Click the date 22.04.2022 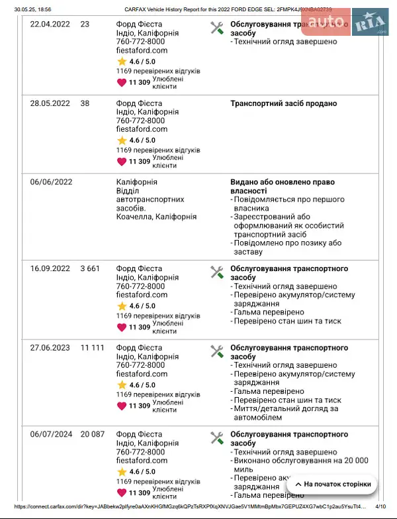coord(50,24)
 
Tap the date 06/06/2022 coord(51,182)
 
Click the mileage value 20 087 coord(93,434)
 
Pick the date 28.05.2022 coord(50,103)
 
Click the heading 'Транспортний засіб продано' coord(283,103)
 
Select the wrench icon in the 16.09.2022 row coord(216,272)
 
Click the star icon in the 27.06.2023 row coord(122,385)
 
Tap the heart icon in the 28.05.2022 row coord(122,161)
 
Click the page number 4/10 coord(380,506)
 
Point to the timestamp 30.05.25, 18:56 coord(32,10)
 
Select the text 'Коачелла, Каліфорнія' coord(156,217)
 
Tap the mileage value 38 coord(85,103)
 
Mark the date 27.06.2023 coord(50,347)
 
